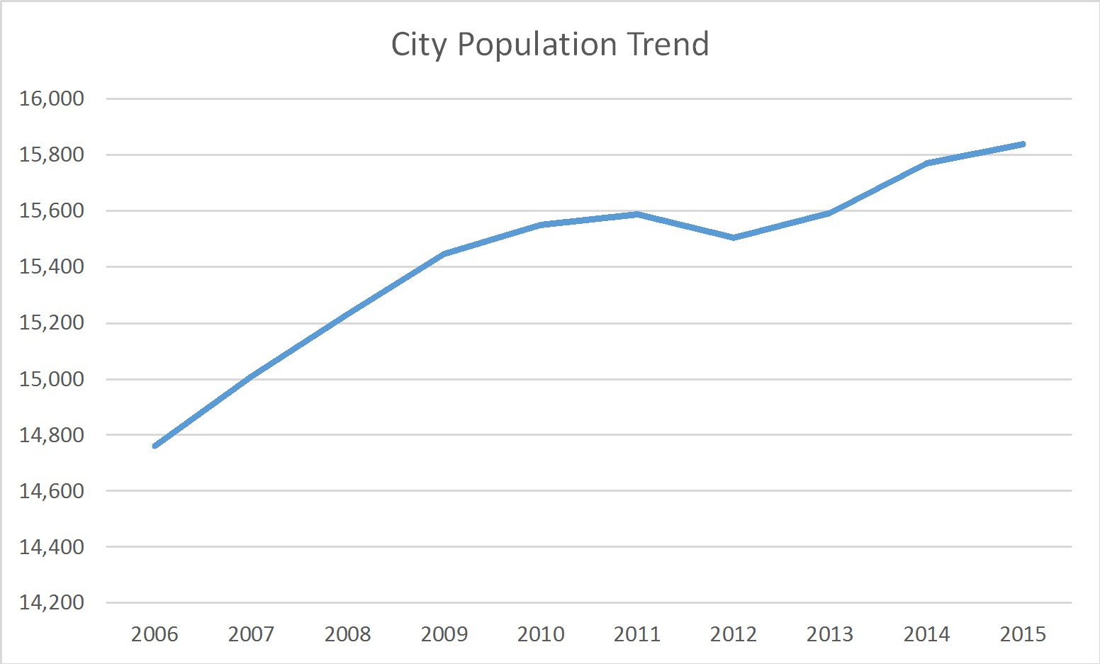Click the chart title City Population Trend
pyautogui.click(x=549, y=44)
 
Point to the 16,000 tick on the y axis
pyautogui.click(x=52, y=99)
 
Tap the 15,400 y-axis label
pyautogui.click(x=52, y=267)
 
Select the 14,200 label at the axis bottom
pyautogui.click(x=52, y=603)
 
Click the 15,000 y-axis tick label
pyautogui.click(x=52, y=379)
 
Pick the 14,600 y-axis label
pyautogui.click(x=52, y=491)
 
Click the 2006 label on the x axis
pyautogui.click(x=155, y=634)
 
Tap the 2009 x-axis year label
pyautogui.click(x=444, y=634)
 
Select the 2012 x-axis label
pyautogui.click(x=734, y=634)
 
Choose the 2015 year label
pyautogui.click(x=1023, y=634)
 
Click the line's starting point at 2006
pyautogui.click(x=155, y=446)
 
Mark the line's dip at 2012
pyautogui.click(x=734, y=237)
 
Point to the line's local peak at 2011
pyautogui.click(x=637, y=214)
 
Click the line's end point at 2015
pyautogui.click(x=1023, y=144)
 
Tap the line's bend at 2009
pyautogui.click(x=444, y=254)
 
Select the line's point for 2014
pyautogui.click(x=926, y=164)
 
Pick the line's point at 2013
pyautogui.click(x=830, y=213)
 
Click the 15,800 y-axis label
pyautogui.click(x=52, y=154)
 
